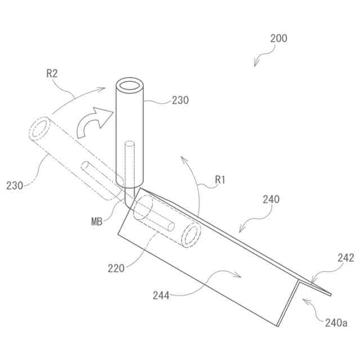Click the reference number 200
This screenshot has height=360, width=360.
click(x=278, y=39)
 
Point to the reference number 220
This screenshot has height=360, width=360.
click(x=116, y=268)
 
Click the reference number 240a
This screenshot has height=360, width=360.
click(x=336, y=323)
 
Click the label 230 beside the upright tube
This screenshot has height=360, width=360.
click(x=180, y=101)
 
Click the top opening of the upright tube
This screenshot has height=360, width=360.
click(x=129, y=87)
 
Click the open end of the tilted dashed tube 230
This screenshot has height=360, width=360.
click(x=39, y=128)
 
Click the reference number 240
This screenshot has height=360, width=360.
click(x=271, y=199)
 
